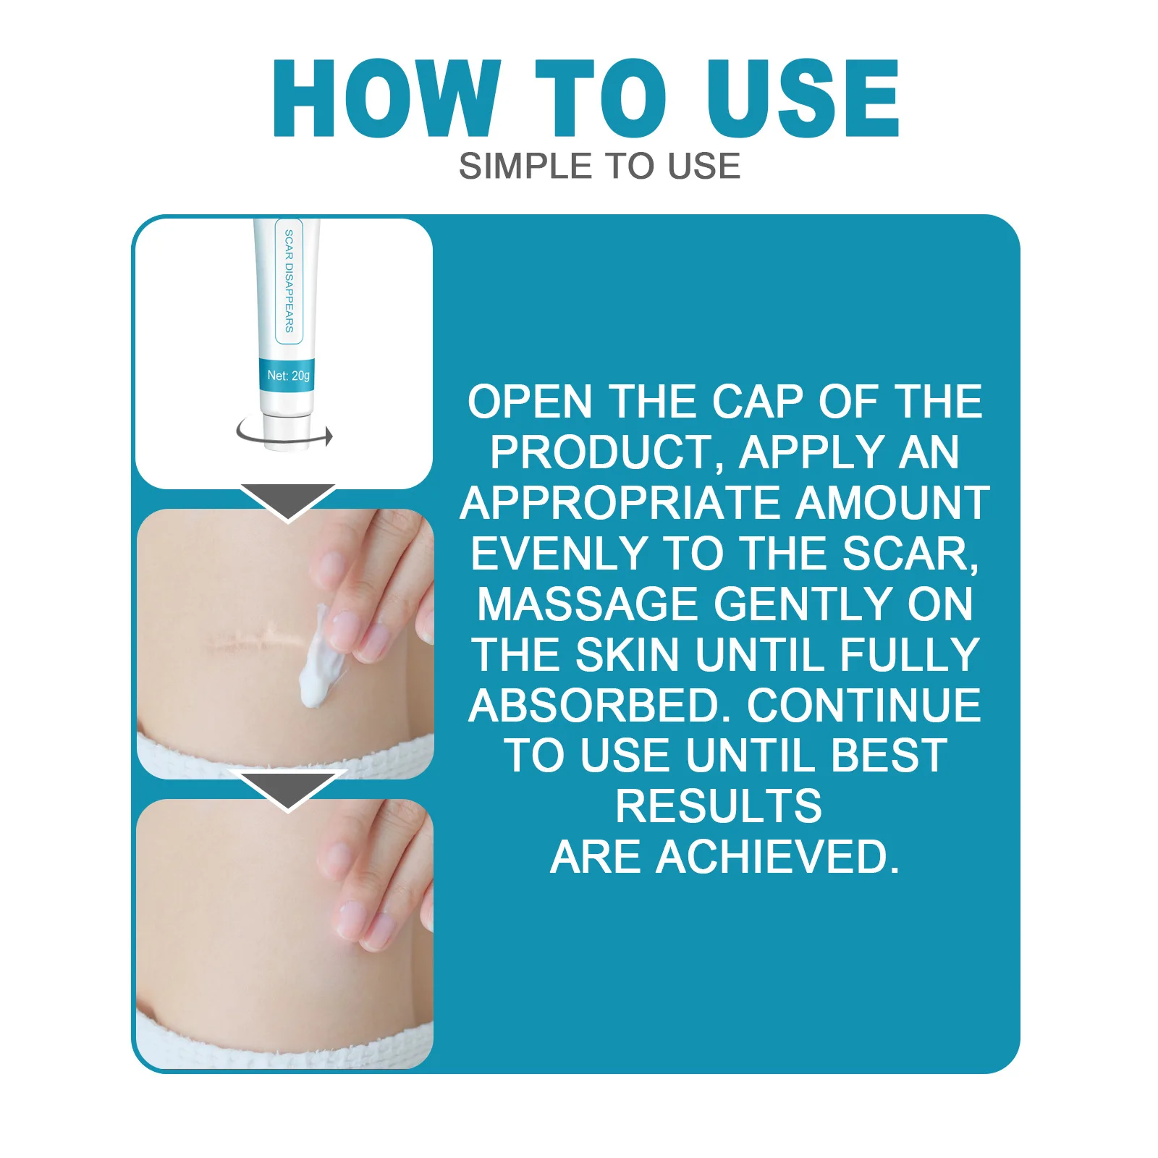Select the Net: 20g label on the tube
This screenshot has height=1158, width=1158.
288,376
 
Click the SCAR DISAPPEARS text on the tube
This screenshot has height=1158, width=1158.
289,281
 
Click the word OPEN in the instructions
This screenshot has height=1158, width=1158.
529,402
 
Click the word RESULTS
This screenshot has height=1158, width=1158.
719,807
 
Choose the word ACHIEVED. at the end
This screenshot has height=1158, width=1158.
777,858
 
